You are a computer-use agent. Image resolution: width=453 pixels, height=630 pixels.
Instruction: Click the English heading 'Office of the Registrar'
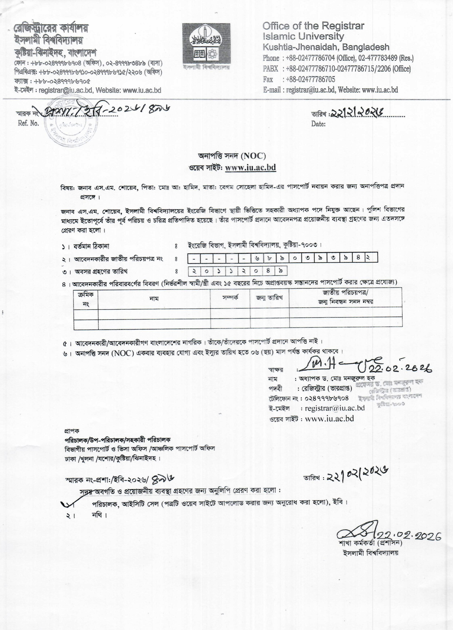tap(313, 26)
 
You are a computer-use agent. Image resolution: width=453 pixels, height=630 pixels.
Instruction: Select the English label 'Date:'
tap(318, 124)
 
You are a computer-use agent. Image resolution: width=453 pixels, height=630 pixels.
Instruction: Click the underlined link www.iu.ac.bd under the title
tap(250, 168)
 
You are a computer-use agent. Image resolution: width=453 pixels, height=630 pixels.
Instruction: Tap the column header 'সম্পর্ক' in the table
tap(230, 297)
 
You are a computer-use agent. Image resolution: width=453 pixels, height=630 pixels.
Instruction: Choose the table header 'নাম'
tap(154, 299)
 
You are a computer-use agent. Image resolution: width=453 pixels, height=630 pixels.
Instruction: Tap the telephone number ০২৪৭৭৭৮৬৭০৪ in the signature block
tap(327, 398)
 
